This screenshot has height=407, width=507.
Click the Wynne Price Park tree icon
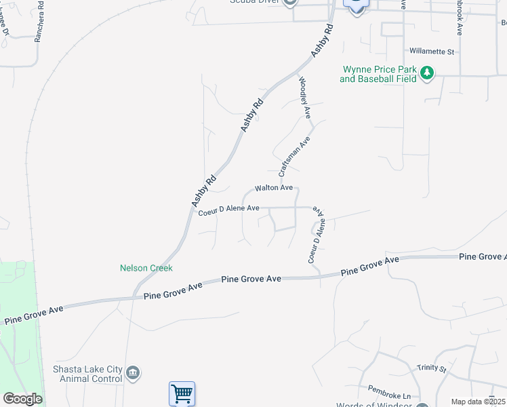click(427, 73)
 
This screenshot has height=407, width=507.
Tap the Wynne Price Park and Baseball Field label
click(378, 74)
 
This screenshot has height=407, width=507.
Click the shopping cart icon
click(182, 393)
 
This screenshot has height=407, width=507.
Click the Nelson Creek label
click(146, 268)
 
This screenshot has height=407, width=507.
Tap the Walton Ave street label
click(273, 187)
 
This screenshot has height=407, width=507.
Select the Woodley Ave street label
click(304, 98)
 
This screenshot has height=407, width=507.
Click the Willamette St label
click(431, 51)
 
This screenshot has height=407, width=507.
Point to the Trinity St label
click(432, 368)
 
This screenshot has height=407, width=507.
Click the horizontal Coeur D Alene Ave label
click(229, 210)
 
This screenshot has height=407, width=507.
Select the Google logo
click(22, 398)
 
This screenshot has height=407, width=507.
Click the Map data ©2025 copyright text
click(478, 402)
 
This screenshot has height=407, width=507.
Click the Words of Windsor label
click(374, 405)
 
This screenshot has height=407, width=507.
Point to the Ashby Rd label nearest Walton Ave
click(203, 191)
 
